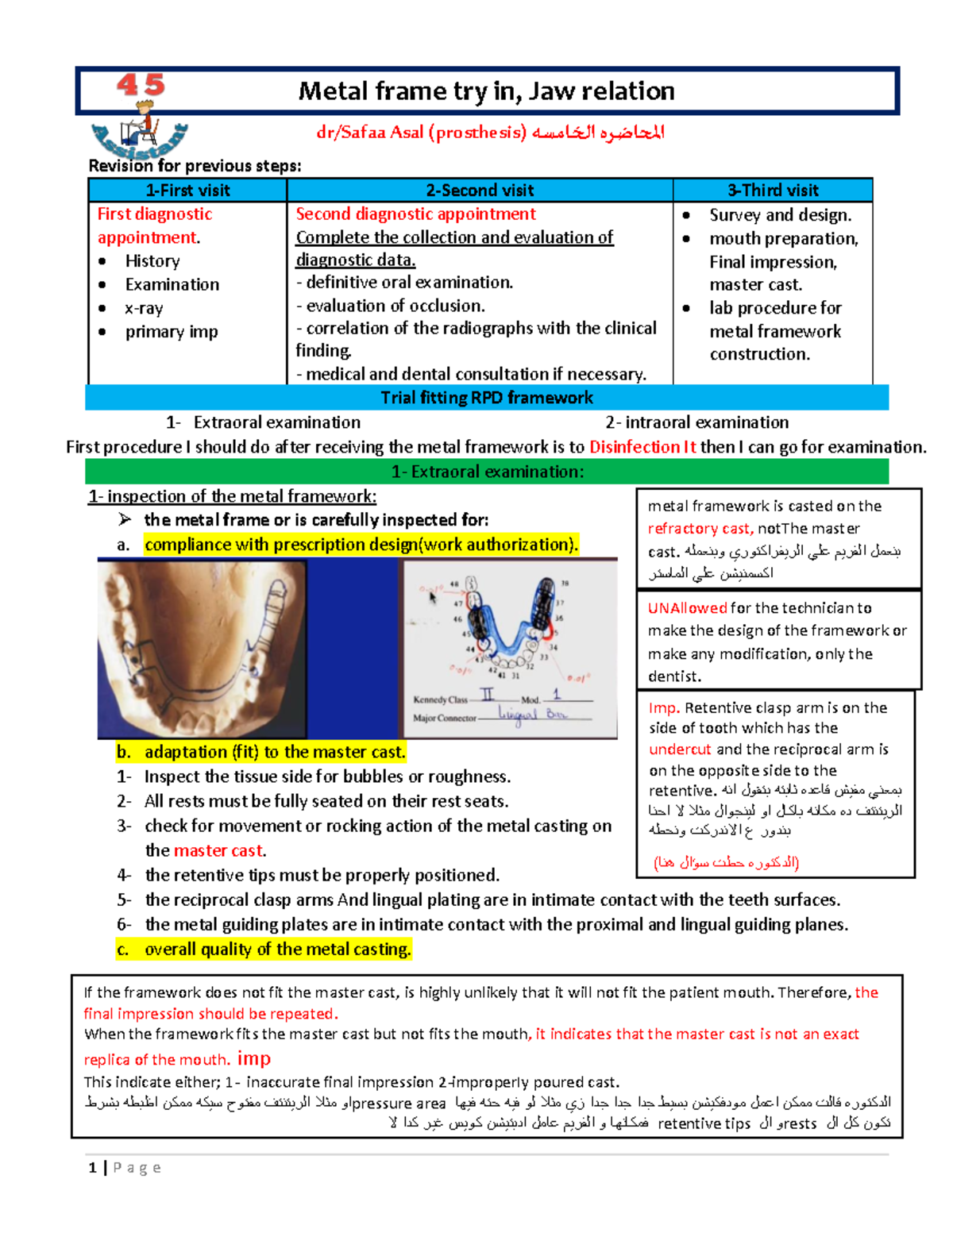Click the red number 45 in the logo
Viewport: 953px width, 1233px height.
pos(141,85)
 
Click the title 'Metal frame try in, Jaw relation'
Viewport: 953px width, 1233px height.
pos(486,91)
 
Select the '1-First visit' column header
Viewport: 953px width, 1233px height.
pos(187,191)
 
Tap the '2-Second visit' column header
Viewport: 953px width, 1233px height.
pos(480,191)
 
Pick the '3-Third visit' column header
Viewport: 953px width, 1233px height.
pos(773,191)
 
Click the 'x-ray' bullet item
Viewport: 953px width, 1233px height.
pos(144,308)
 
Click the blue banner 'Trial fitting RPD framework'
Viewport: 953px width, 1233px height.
pos(486,398)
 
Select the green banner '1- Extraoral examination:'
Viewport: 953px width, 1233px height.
pos(487,472)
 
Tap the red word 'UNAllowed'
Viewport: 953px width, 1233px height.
pos(687,608)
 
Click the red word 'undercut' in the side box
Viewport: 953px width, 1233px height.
pos(680,749)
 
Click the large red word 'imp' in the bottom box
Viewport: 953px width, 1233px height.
pos(253,1058)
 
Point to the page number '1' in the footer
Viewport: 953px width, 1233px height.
pos(93,1167)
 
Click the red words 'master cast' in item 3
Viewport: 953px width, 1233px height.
pos(218,851)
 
